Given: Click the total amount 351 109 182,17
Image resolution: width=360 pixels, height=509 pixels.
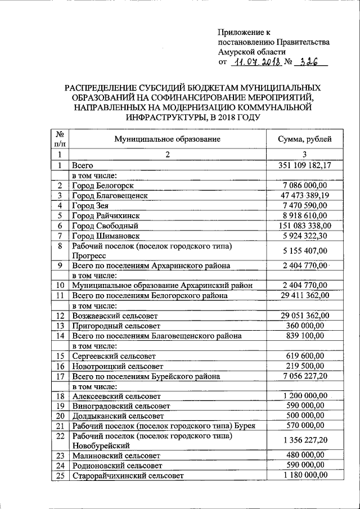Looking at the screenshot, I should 305,165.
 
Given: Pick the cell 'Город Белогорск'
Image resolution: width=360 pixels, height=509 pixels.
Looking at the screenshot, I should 103,185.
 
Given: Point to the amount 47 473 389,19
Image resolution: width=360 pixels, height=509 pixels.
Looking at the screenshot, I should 305,195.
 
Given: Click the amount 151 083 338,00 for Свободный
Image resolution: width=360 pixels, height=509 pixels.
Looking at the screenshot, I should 305,226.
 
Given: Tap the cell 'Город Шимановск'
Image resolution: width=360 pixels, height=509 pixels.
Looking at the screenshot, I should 105,236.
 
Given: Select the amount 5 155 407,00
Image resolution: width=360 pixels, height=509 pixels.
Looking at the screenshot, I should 305,251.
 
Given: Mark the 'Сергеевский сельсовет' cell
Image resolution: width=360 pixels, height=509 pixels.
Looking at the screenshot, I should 114,356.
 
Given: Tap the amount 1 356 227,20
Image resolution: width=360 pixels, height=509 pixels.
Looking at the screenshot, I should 305,440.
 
